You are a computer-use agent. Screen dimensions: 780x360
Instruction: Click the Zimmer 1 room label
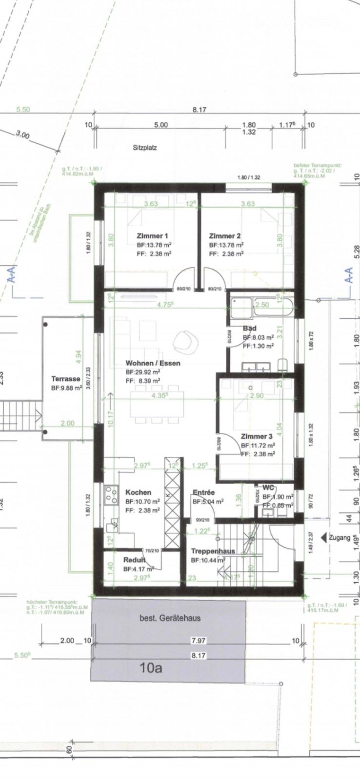[152, 236]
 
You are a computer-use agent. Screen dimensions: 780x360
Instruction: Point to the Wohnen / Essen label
[153, 363]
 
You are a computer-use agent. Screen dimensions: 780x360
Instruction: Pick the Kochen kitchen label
[138, 492]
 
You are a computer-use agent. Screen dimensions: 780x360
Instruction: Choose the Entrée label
[203, 492]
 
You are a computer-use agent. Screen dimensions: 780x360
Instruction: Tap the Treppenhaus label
[213, 551]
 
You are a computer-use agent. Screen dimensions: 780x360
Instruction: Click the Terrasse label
[66, 379]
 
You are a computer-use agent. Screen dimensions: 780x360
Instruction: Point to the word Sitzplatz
[145, 147]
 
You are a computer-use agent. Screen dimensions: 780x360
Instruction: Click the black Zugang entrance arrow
[323, 538]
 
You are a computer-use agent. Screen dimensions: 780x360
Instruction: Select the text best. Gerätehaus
[166, 618]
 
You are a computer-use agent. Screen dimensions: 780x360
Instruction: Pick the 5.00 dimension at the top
[160, 125]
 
